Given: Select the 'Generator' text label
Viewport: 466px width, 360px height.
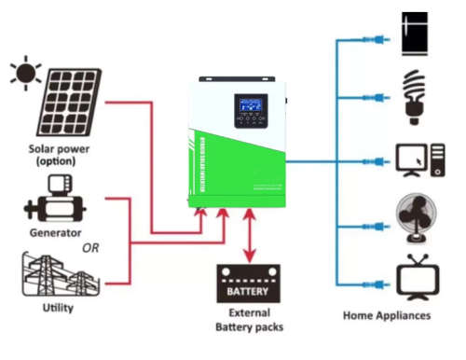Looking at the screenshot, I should [55, 232].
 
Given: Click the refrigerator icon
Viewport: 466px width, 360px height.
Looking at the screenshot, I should [413, 35].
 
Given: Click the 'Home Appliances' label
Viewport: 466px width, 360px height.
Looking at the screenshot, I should [386, 316].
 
